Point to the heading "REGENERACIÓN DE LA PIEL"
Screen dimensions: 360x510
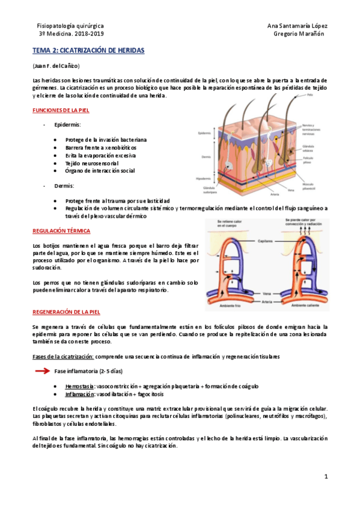click(x=66, y=312)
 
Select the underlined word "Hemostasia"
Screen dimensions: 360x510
click(x=79, y=386)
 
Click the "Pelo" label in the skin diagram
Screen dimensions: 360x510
click(x=310, y=94)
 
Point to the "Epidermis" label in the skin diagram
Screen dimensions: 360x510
click(x=204, y=133)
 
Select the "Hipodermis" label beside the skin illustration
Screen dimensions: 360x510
click(x=204, y=179)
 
